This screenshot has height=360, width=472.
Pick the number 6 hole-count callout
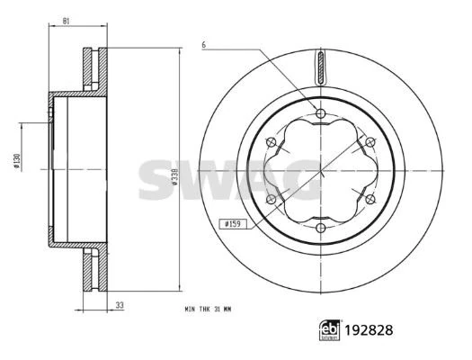coord(204,44)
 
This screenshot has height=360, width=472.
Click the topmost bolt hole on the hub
coord(320,113)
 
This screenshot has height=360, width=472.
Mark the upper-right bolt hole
coord(369,141)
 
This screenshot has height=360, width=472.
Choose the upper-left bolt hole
coord(272,141)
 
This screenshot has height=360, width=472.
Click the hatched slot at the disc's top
coord(320,69)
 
